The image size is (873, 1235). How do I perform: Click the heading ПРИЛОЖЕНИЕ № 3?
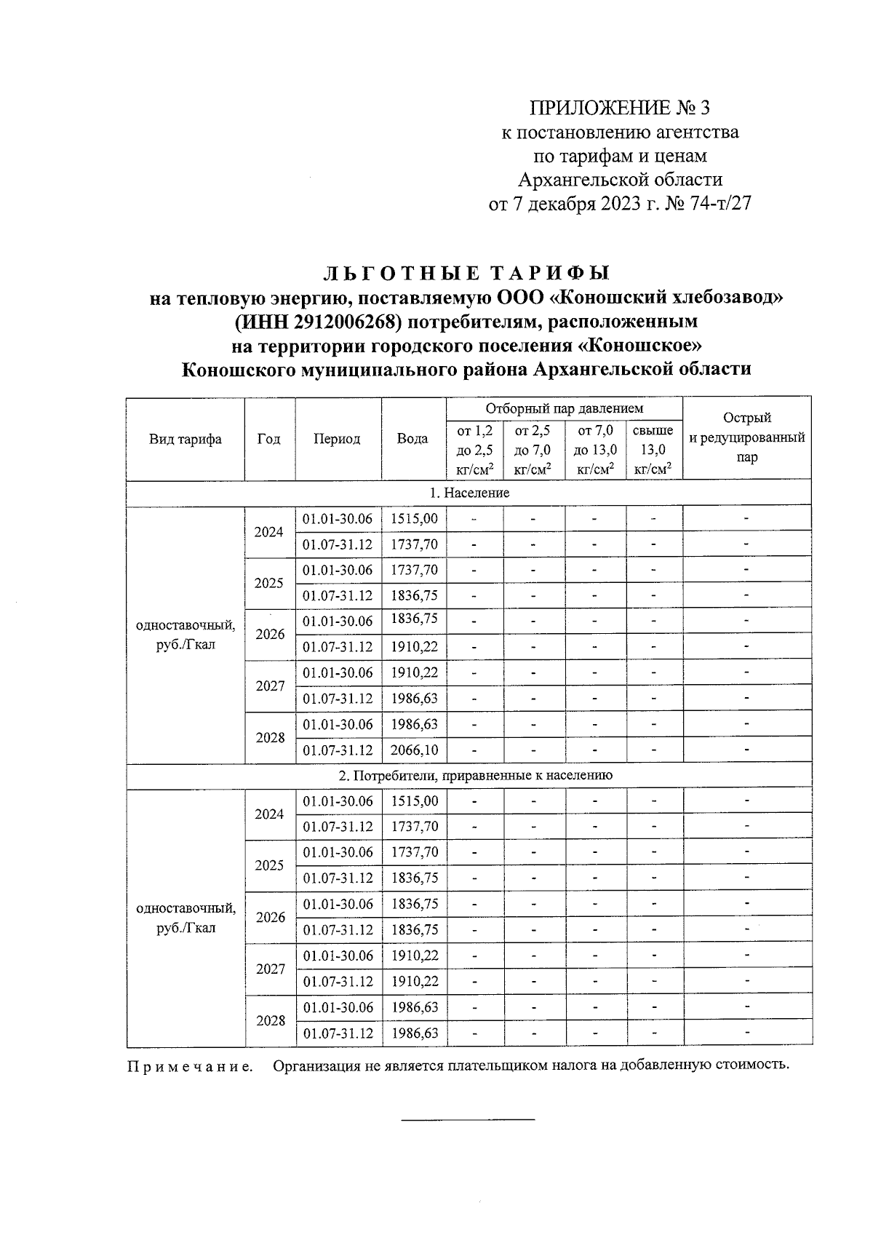619,109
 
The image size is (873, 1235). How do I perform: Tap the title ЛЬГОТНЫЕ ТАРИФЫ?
466,273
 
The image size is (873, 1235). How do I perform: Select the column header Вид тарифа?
186,439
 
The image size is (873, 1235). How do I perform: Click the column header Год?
269,439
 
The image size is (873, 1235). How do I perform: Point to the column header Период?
337,439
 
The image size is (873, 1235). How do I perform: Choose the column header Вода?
412,439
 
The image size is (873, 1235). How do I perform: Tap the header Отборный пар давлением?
565,408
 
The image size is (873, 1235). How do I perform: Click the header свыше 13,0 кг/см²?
653,450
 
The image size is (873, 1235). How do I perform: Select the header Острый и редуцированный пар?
746,437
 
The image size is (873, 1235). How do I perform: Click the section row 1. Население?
469,493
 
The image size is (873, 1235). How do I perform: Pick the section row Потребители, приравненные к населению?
476,776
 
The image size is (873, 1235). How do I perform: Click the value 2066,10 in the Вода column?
414,750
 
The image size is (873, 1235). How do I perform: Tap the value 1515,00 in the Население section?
414,519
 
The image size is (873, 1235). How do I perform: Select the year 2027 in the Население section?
270,686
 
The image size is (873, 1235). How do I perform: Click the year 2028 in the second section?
270,1021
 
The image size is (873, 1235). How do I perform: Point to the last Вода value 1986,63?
414,1033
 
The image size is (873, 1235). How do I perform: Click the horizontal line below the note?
469,1119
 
